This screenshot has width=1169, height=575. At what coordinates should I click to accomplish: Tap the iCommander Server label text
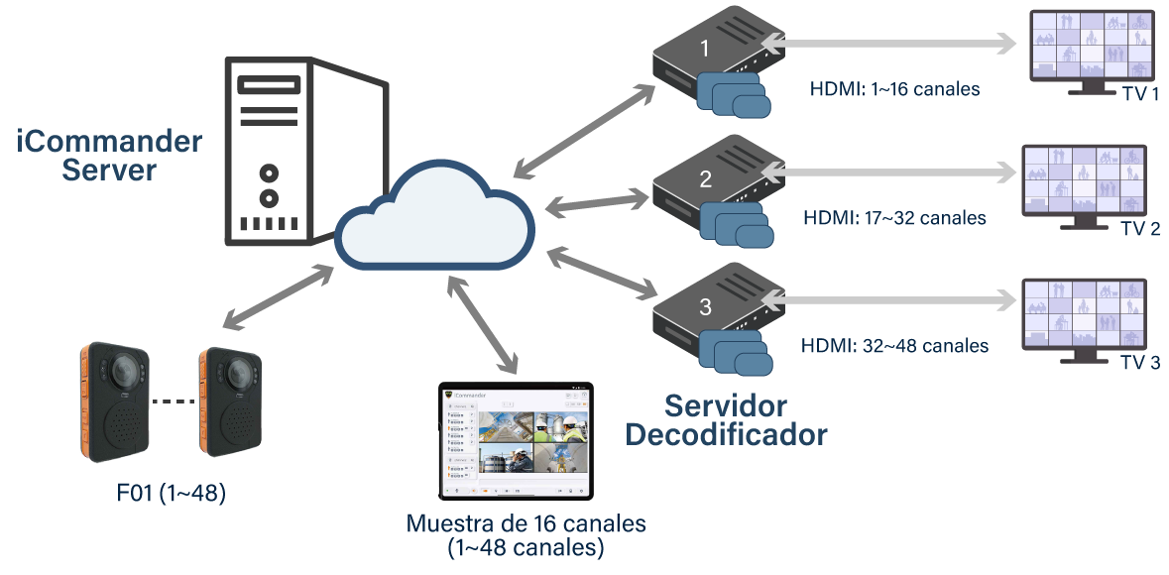pos(109,156)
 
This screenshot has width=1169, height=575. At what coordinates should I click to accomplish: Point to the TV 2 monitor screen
pos(1083,179)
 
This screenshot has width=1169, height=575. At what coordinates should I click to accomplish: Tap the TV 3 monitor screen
pos(1083,312)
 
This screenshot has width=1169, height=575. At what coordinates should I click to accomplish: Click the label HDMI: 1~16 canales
pos(894,89)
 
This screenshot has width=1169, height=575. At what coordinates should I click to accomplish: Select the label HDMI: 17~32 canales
pos(894,217)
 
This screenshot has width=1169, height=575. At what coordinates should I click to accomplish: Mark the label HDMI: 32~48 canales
pos(894,346)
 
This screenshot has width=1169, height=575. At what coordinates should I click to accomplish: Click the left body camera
pos(114,401)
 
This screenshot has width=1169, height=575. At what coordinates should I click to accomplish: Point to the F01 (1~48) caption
pos(171,491)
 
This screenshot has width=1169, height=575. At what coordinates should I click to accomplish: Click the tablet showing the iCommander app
pos(516,440)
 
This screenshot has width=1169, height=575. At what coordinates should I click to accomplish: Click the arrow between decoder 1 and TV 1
pos(887,44)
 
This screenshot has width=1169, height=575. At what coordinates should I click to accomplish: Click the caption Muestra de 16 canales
pos(526,522)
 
